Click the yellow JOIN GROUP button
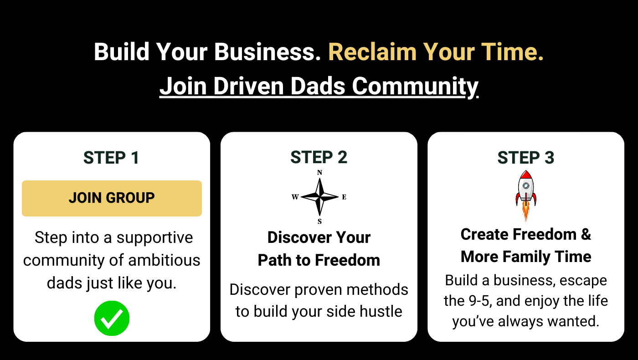[112, 198]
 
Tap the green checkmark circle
[112, 318]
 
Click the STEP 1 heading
[111, 158]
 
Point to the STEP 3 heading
[526, 158]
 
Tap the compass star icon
[319, 196]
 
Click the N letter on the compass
[319, 173]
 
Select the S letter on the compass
[319, 221]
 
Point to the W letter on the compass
[295, 197]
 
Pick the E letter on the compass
[344, 197]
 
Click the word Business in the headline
[268, 52]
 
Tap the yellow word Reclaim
[373, 52]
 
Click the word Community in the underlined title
[415, 87]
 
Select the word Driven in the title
[249, 86]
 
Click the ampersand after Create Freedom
[586, 234]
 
